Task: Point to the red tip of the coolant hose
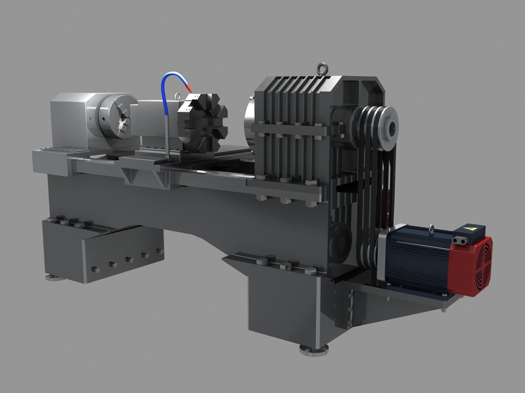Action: [x=188, y=87]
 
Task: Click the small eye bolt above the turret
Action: [x=178, y=96]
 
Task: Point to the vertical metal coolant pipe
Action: [x=167, y=136]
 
